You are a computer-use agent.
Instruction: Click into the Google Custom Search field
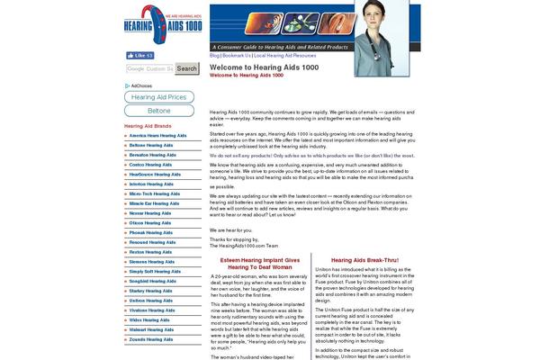(149, 68)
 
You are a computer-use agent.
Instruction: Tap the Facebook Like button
(140, 55)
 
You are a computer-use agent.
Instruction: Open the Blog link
(215, 55)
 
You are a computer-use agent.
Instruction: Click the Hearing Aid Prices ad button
(159, 96)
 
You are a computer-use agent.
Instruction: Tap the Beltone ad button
(159, 110)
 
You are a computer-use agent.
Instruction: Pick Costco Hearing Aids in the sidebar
(151, 165)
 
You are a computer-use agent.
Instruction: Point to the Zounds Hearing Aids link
(152, 338)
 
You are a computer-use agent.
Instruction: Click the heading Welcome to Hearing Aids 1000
(264, 67)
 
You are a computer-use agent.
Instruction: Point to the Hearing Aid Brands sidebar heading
(148, 126)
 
